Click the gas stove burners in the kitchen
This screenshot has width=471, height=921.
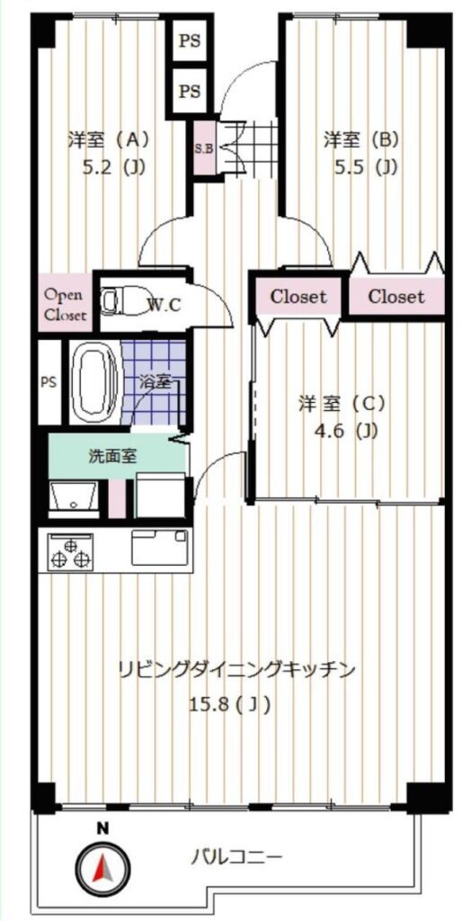coord(70,552)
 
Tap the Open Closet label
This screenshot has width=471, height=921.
coord(66,304)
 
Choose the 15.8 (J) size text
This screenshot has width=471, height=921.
coord(230,703)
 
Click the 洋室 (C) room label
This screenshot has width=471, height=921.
coord(342,404)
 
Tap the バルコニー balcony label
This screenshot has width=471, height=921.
coord(238,858)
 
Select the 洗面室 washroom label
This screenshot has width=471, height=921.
coord(112,456)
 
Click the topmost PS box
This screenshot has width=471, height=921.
coord(189,40)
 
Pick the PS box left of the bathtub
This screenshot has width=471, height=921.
coord(49,381)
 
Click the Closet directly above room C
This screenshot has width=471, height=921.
coord(298,297)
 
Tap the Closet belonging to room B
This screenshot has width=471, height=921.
coord(395,297)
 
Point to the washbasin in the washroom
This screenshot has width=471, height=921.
coord(74,498)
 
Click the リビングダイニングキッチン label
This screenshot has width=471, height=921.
coord(236,669)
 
